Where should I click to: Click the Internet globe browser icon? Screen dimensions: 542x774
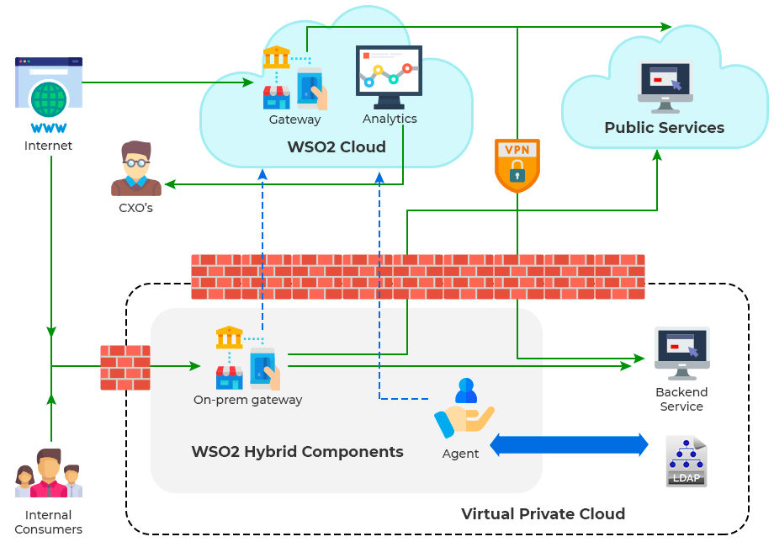tap(48, 94)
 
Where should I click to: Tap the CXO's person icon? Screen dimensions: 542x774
tap(135, 168)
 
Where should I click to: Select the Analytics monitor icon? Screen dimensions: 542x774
tap(389, 77)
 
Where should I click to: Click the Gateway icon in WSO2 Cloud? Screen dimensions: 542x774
tap(294, 78)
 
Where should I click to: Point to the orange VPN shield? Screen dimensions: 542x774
tap(517, 165)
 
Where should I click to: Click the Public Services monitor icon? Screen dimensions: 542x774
tap(665, 86)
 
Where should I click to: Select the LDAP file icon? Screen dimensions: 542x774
tap(686, 461)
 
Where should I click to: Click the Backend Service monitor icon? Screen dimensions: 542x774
tap(681, 353)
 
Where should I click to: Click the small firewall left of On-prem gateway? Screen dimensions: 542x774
tap(125, 368)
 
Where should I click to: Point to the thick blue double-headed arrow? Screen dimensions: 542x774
tap(569, 444)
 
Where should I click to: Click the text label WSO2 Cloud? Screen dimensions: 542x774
tap(337, 147)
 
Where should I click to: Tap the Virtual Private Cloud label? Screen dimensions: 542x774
tap(543, 513)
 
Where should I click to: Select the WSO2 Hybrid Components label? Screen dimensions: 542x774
tap(297, 452)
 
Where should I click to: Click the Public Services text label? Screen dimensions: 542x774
tap(664, 128)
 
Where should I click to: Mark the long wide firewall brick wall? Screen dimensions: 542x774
tap(417, 277)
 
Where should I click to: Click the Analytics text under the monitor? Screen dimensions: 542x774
tap(390, 119)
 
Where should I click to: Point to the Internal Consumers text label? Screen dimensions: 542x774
tap(48, 522)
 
